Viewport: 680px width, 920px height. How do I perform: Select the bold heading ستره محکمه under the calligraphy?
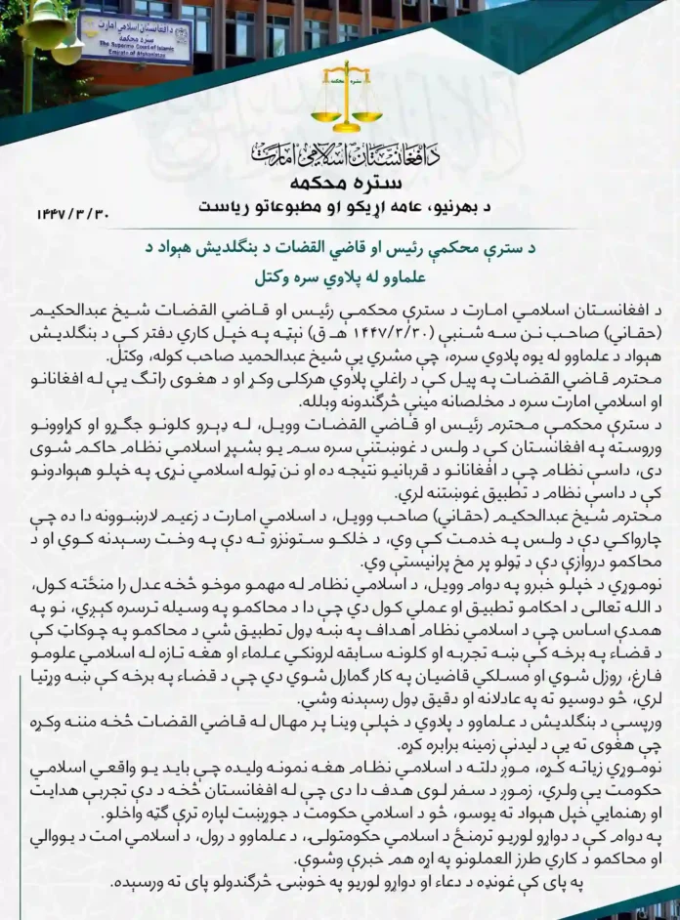(339, 184)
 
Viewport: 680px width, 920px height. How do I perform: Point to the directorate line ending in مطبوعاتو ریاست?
(339, 207)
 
